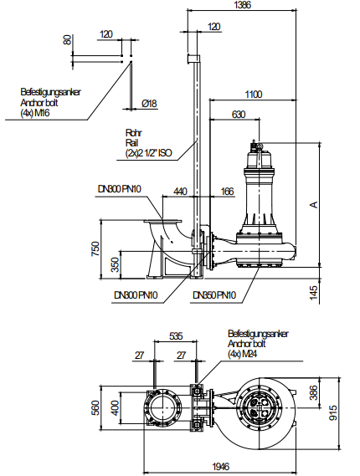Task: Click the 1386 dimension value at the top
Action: click(243, 5)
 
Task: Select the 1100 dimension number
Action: click(254, 95)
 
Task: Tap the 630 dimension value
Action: click(239, 115)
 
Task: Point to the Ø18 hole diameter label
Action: click(150, 104)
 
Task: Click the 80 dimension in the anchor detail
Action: click(67, 40)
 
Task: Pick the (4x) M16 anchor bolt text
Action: click(35, 113)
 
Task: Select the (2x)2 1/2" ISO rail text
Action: click(148, 153)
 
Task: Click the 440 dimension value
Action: click(180, 192)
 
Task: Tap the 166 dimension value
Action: click(227, 192)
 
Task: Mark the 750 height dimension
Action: click(95, 249)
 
